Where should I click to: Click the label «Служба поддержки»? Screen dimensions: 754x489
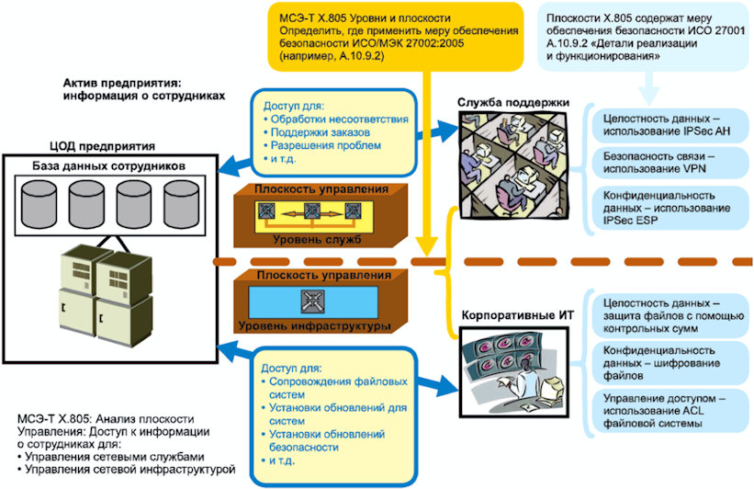click(513, 103)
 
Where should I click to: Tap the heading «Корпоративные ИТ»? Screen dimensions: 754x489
click(517, 315)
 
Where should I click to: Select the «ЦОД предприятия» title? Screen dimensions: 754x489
click(103, 146)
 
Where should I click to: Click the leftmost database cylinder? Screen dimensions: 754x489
click(39, 204)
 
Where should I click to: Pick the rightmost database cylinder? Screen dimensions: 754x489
click(181, 204)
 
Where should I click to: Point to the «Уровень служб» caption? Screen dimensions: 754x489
click(317, 239)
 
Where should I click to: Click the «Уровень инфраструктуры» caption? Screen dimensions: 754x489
click(314, 325)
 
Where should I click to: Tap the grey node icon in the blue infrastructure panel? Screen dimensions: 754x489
click(312, 301)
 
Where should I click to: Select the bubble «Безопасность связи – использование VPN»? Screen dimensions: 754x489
click(670, 163)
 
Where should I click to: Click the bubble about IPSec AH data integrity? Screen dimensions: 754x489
click(670, 125)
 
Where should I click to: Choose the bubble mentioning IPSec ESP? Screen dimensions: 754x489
click(670, 208)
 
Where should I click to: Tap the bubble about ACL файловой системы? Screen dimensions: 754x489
click(670, 412)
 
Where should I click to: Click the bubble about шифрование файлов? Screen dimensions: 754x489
click(670, 363)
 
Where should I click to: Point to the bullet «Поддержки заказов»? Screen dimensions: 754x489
click(317, 132)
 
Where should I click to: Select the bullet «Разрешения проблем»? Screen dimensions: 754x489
click(322, 145)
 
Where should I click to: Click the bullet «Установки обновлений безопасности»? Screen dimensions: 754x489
click(323, 440)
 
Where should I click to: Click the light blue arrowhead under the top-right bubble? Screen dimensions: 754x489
click(648, 97)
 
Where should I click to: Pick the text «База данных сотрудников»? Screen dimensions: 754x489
click(108, 166)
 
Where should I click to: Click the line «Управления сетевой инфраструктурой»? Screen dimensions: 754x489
click(126, 470)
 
